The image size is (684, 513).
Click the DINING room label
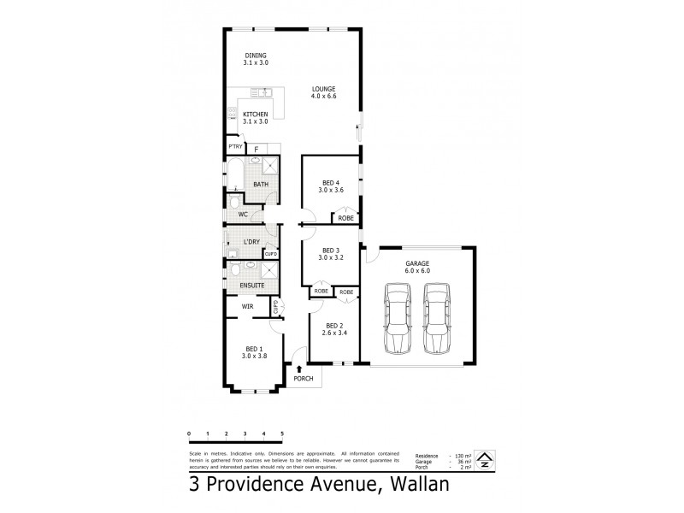255,56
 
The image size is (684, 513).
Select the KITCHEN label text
255,115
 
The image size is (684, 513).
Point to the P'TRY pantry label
233,146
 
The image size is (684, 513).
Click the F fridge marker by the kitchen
256,149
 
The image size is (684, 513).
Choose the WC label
243,214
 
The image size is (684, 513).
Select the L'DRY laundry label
251,242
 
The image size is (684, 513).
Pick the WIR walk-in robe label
247,305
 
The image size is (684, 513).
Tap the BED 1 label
255,349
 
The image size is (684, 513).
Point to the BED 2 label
333,326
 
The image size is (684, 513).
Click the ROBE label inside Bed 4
345,219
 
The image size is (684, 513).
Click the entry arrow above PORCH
298,369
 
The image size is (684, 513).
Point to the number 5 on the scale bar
282,434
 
